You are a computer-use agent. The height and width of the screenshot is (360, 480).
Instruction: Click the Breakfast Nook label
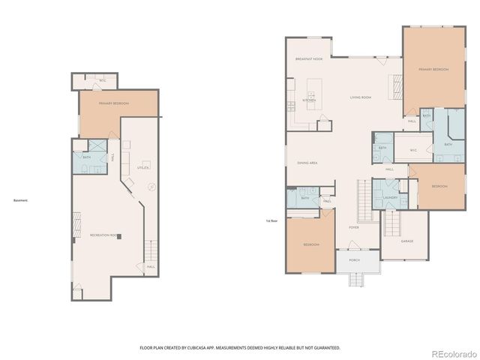pos(309,58)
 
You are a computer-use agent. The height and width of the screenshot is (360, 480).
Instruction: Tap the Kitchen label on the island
pos(309,100)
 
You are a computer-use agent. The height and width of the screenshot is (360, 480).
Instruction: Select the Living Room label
pos(361,97)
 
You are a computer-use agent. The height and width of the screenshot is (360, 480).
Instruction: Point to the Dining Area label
pos(308,162)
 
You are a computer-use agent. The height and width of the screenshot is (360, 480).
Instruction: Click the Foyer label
pos(354,226)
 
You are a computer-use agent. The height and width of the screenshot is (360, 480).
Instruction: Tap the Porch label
pos(354,260)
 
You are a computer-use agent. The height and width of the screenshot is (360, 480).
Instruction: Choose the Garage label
pos(406,241)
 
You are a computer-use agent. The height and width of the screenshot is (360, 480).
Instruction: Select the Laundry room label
pos(389,198)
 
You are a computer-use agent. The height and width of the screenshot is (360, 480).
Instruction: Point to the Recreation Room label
pos(104,235)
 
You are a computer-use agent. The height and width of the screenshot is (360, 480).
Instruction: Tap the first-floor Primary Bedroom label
pos(434,69)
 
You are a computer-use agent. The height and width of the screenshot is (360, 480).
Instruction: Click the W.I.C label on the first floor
pos(412,150)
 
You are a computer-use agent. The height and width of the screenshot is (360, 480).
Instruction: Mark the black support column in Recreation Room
pos(118,236)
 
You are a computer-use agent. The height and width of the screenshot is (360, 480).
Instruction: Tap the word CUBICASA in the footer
pos(205,348)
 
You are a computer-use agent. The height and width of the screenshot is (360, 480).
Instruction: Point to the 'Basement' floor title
pos(20,200)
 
